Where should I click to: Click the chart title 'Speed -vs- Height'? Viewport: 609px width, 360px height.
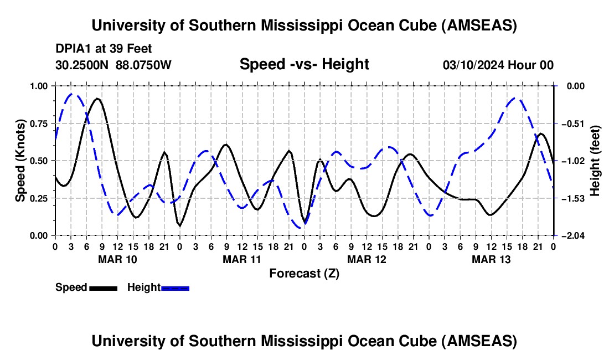click(x=304, y=64)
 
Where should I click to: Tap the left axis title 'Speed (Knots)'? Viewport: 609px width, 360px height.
click(x=20, y=161)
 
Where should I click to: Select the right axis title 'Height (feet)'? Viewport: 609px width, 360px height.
click(x=596, y=161)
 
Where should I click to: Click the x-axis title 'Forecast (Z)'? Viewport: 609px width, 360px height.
click(x=304, y=273)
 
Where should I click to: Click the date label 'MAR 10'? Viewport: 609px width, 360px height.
click(x=117, y=259)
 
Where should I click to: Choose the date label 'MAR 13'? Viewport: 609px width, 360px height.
click(x=491, y=259)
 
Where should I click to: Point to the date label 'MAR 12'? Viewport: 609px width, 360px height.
click(x=367, y=259)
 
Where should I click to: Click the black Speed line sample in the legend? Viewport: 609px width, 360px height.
click(x=102, y=287)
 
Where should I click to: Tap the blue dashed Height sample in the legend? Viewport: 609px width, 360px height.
click(x=175, y=287)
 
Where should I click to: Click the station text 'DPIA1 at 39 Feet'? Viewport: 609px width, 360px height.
click(x=104, y=49)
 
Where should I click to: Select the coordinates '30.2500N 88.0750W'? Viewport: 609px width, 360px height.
click(x=113, y=65)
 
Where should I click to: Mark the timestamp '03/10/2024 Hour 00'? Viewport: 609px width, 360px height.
click(x=498, y=65)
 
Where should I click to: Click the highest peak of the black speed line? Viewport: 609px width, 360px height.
click(x=97, y=99)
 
